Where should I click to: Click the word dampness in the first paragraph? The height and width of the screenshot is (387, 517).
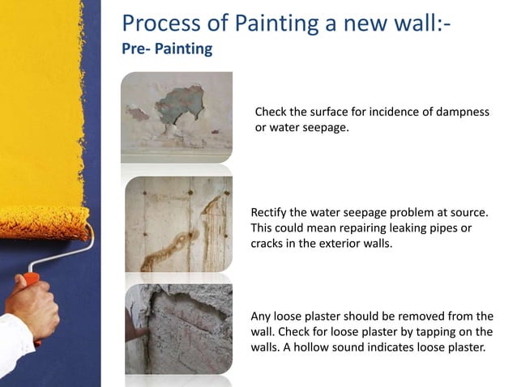click(x=463, y=112)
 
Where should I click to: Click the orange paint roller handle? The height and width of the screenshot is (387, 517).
click(x=31, y=281)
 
